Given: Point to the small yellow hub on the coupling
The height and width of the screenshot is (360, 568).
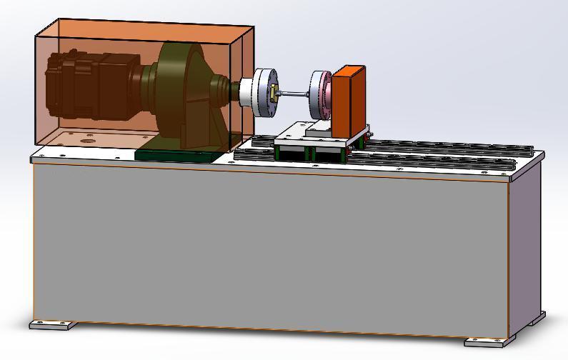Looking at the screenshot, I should click(x=273, y=91).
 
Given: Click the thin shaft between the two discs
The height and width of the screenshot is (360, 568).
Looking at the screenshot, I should click(x=293, y=93).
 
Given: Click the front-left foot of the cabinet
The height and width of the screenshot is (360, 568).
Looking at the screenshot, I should click(x=53, y=325).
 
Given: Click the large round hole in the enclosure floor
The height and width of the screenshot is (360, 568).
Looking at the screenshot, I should click(x=87, y=141).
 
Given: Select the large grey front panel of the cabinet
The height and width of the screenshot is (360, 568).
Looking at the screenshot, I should click(x=271, y=246).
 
